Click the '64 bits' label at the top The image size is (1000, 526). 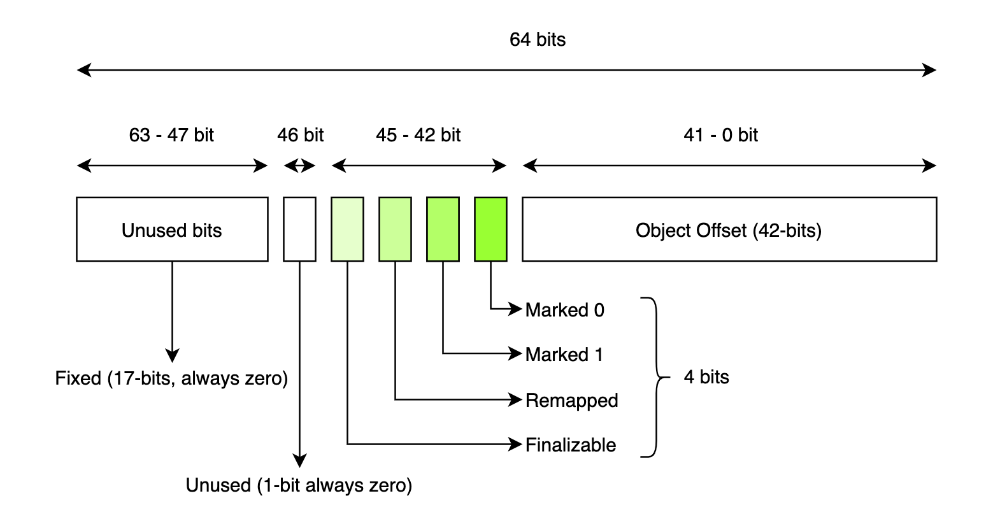click(537, 39)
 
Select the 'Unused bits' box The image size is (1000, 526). click(172, 229)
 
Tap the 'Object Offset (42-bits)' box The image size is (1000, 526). click(729, 229)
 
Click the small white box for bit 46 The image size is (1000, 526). click(299, 229)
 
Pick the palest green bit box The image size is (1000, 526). click(347, 229)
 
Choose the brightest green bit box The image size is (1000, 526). click(490, 229)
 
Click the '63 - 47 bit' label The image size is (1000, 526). click(171, 135)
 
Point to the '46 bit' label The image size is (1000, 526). click(300, 135)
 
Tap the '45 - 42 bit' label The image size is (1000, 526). click(418, 135)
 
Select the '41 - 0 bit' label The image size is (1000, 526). click(720, 135)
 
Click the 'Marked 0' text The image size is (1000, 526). click(564, 310)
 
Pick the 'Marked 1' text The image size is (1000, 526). click(564, 355)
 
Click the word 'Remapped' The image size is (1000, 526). click(571, 401)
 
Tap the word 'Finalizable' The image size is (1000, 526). click(570, 445)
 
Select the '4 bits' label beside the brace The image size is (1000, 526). click(706, 377)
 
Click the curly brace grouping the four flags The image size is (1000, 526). click(656, 377)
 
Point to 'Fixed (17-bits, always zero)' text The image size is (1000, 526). click(171, 378)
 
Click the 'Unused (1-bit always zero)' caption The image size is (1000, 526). click(299, 485)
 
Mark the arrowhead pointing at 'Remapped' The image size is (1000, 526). click(516, 400)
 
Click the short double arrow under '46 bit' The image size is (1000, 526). click(299, 166)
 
